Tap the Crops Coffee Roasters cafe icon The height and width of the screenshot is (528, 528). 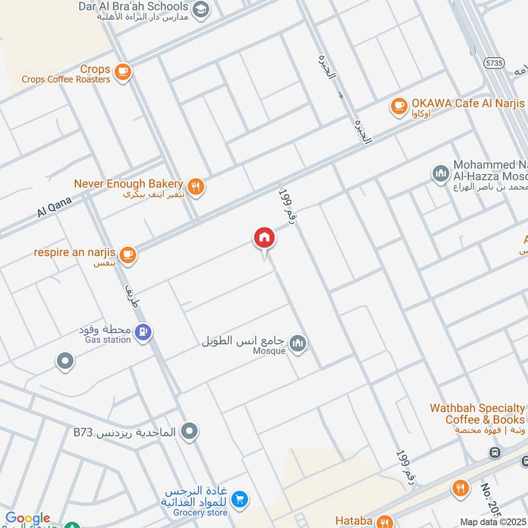tap(122, 72)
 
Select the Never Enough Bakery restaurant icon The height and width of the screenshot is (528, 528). tap(195, 185)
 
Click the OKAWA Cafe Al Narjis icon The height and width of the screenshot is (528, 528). tap(398, 105)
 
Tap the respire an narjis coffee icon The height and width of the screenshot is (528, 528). tap(128, 255)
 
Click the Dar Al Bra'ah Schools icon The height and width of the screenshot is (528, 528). tap(202, 9)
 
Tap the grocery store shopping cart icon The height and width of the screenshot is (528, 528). tap(240, 500)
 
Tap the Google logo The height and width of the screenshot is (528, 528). tap(28, 519)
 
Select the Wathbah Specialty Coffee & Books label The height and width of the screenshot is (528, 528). tap(477, 414)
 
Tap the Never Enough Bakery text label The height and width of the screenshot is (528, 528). tap(128, 183)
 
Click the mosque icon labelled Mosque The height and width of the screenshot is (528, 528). tap(298, 343)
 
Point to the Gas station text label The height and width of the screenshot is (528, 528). tap(108, 340)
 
